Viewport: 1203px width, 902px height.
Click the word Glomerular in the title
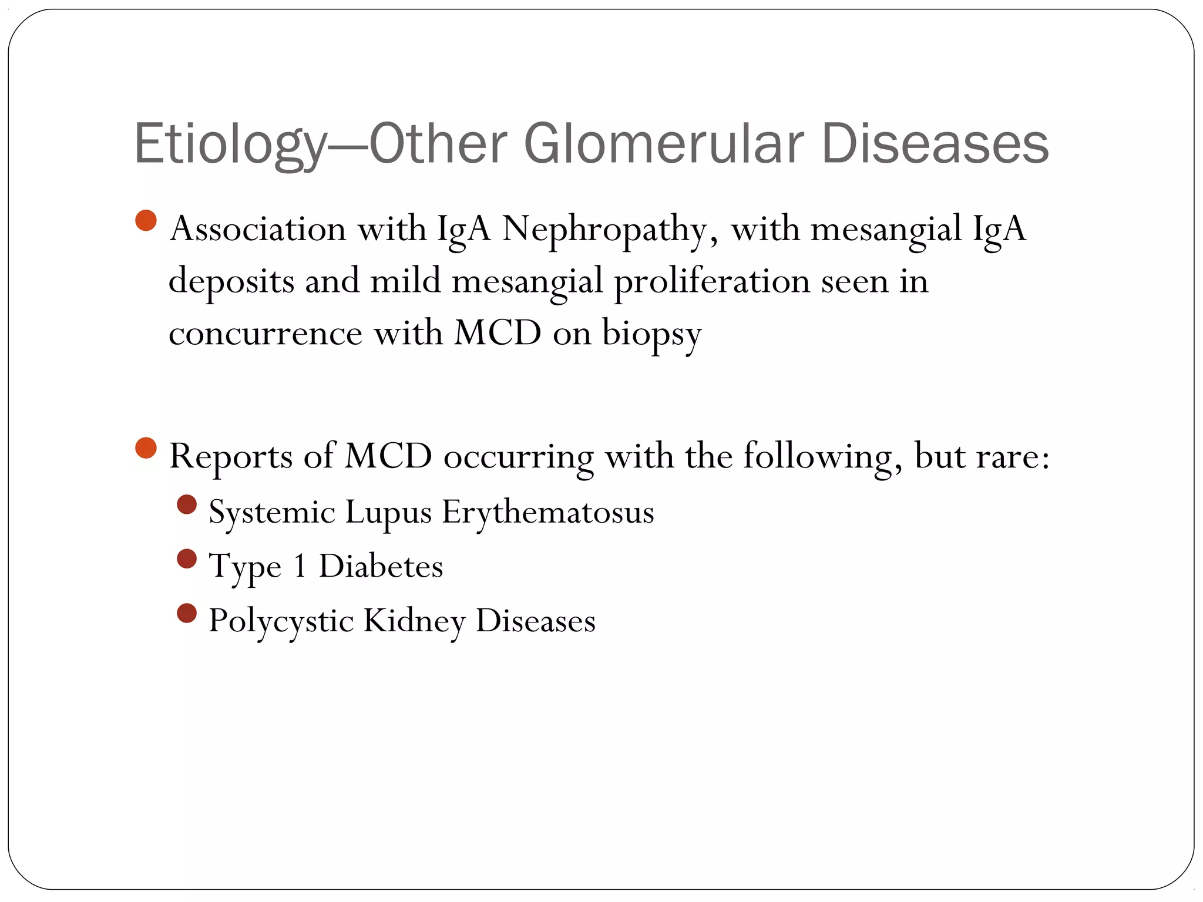click(664, 144)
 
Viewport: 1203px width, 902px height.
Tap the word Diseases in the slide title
click(935, 144)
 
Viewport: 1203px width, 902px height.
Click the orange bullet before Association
click(146, 221)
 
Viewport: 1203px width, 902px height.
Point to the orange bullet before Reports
click(146, 449)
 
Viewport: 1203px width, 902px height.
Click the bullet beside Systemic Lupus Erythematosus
click(187, 504)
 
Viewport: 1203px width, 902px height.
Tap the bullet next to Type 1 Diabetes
click(187, 559)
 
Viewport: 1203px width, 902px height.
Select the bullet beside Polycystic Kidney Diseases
click(187, 614)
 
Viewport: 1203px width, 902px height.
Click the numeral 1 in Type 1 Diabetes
click(300, 567)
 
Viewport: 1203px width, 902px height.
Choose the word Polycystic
click(281, 622)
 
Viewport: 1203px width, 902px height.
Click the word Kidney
click(414, 622)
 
